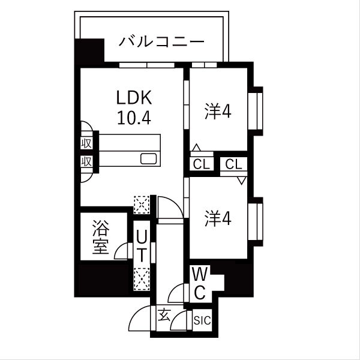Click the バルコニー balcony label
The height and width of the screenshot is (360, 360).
[x=162, y=43]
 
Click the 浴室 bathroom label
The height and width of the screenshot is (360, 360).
[x=100, y=237]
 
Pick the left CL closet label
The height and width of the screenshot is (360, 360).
[x=201, y=164]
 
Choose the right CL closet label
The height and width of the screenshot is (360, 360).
[x=234, y=164]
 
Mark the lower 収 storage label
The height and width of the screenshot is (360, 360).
[x=86, y=161]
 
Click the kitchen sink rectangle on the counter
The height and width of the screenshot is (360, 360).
[x=149, y=159]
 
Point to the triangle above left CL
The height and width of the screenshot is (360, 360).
[x=196, y=147]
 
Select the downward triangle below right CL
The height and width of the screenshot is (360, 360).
[x=242, y=180]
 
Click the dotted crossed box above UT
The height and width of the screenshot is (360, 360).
[x=142, y=204]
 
